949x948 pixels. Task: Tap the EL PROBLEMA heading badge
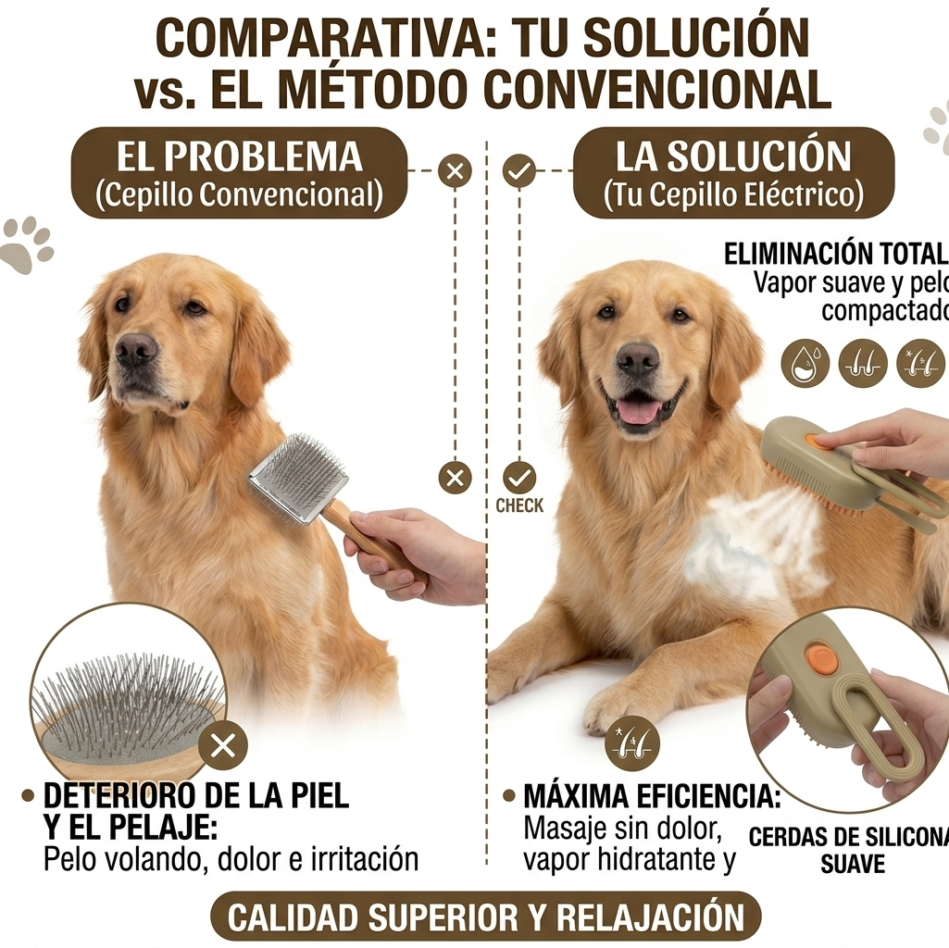click(x=239, y=173)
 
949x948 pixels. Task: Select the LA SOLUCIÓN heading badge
click(x=733, y=173)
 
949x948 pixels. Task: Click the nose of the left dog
click(x=136, y=349)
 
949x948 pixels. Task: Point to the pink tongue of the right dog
click(x=639, y=410)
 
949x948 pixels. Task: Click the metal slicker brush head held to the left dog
click(x=297, y=479)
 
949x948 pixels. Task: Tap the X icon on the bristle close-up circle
click(x=222, y=744)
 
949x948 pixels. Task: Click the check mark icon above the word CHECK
click(x=519, y=478)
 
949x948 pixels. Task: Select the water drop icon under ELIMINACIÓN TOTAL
click(x=805, y=363)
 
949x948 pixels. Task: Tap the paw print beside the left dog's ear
click(x=27, y=243)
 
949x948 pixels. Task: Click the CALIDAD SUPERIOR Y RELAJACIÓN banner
click(x=485, y=917)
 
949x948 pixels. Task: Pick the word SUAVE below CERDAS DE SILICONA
click(x=853, y=865)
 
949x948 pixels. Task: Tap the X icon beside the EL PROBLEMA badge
click(x=455, y=170)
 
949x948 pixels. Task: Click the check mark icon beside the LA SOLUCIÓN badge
click(x=518, y=170)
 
